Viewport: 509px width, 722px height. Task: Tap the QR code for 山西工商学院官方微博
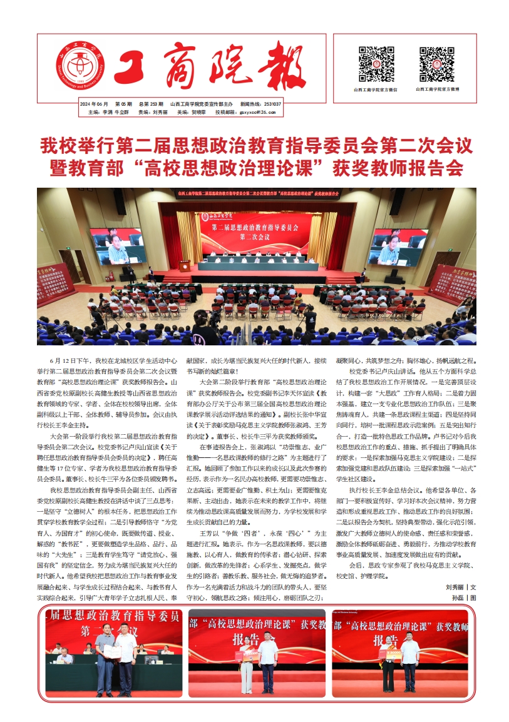pyautogui.click(x=436, y=64)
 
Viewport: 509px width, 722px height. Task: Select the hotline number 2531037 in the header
pyautogui.click(x=272, y=104)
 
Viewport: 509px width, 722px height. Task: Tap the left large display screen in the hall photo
pyautogui.click(x=118, y=246)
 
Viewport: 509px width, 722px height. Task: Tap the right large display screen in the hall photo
pyautogui.click(x=400, y=247)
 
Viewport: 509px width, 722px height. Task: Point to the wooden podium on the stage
pyautogui.click(x=185, y=266)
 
